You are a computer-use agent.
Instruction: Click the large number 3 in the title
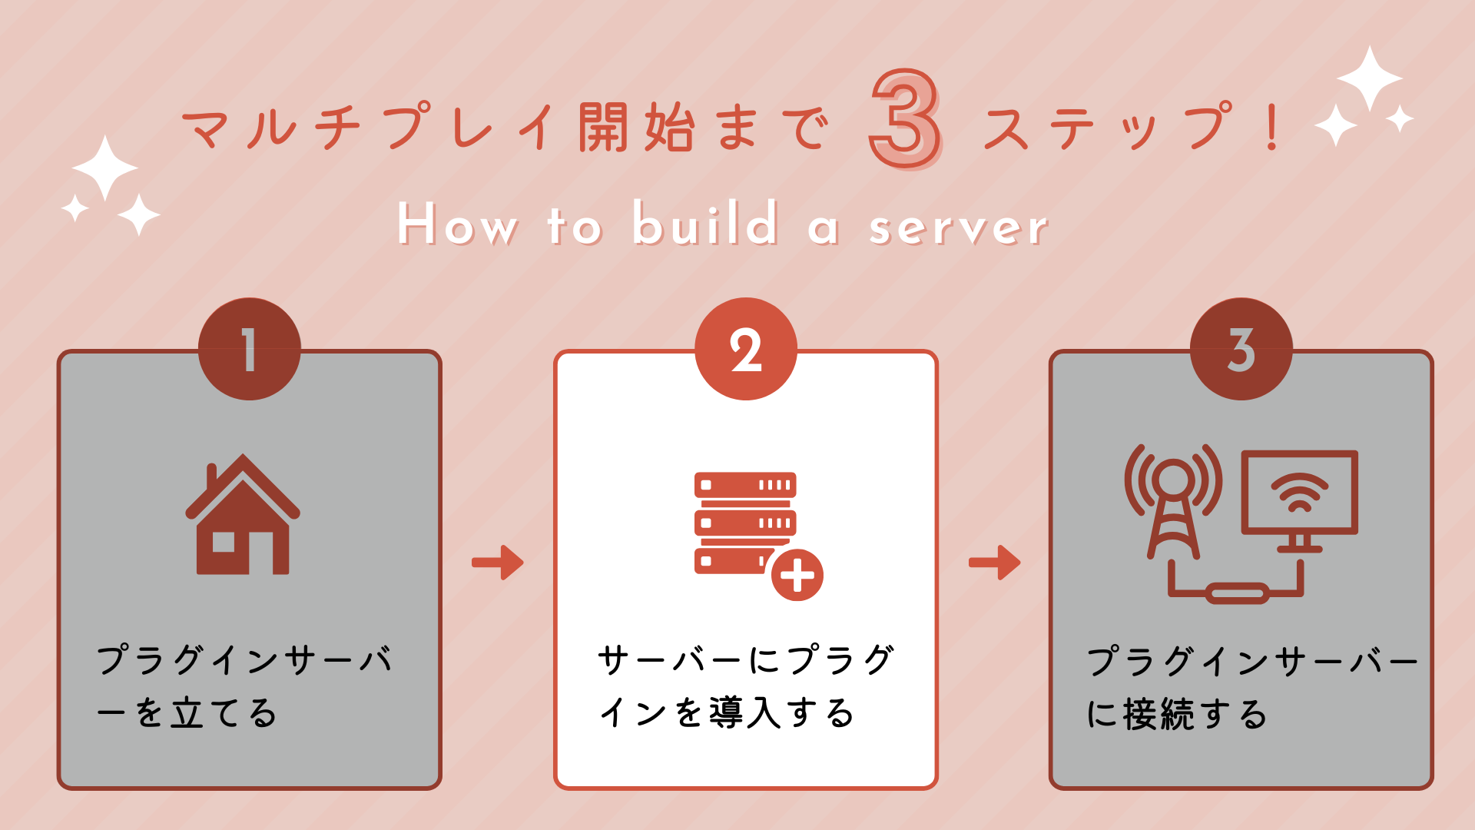[x=904, y=119]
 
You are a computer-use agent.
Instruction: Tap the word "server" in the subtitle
[x=958, y=227]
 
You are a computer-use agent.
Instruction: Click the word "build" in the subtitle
[x=704, y=224]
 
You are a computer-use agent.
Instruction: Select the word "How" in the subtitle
[x=457, y=224]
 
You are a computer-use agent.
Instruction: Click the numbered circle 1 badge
[x=249, y=350]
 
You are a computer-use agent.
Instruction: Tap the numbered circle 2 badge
[x=745, y=350]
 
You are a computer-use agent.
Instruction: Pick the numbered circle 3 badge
[x=1241, y=350]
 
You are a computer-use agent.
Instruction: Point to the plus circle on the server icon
[x=797, y=575]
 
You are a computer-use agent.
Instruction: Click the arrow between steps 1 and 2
[x=498, y=563]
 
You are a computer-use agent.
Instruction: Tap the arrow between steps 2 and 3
[x=994, y=563]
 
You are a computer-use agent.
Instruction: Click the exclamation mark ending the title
[x=1271, y=128]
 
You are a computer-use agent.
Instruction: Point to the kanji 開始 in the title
[x=637, y=128]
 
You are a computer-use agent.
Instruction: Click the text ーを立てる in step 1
[x=187, y=713]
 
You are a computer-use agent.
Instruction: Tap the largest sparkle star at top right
[x=1370, y=78]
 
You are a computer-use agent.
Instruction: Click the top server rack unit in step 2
[x=745, y=485]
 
